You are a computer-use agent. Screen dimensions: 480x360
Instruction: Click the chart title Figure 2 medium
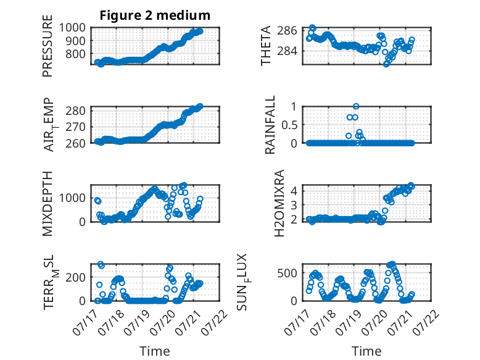(155, 15)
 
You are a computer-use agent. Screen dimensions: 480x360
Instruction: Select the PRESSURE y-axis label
(48, 46)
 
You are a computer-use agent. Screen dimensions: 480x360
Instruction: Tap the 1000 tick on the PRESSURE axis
(72, 28)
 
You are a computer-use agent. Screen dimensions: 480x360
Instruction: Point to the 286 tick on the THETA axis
(287, 30)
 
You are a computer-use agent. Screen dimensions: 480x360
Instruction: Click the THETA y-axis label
(266, 46)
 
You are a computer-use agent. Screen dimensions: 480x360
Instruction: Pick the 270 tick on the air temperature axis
(75, 127)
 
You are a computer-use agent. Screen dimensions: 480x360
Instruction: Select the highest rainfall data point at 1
(356, 106)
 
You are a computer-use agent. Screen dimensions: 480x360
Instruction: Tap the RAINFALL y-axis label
(270, 125)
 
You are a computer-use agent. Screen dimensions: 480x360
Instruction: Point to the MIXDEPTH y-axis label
(48, 203)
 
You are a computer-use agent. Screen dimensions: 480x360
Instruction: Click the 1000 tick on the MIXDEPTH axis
(72, 198)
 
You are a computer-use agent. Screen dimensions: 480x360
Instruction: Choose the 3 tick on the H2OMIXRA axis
(294, 205)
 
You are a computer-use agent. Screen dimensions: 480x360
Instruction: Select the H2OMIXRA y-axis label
(279, 203)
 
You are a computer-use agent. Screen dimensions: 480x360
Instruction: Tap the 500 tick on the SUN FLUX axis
(287, 273)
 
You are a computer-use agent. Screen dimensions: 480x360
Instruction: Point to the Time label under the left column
(155, 351)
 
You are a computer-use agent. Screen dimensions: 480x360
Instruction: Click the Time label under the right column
(366, 351)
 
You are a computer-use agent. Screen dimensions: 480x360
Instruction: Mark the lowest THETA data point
(386, 64)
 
